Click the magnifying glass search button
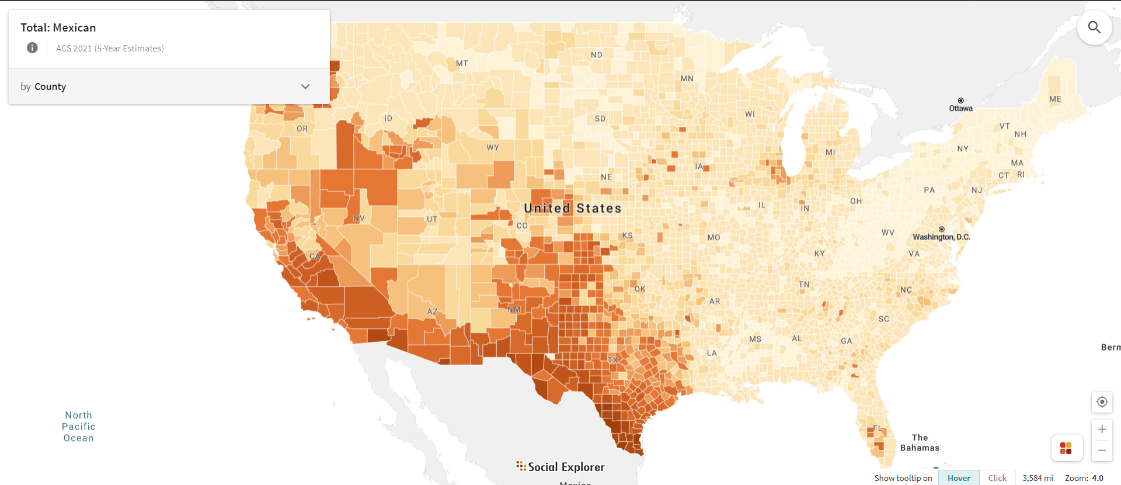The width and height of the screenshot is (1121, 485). point(1094,27)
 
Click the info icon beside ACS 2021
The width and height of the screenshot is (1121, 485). point(32,48)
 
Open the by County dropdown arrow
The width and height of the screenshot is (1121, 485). point(305,86)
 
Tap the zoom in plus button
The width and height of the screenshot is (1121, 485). point(1102,429)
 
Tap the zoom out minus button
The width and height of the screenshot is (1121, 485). point(1102,451)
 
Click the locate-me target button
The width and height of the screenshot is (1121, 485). point(1102,402)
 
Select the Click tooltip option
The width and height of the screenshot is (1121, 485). point(997,478)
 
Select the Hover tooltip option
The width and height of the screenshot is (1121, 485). point(959,478)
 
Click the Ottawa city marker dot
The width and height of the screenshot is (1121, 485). point(960,101)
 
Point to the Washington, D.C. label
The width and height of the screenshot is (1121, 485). point(941,237)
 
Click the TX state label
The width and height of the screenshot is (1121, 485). point(612,360)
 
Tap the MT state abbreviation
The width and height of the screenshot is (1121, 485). point(462,63)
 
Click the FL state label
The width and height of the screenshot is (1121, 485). point(878,428)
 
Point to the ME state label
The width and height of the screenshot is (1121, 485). point(1054,99)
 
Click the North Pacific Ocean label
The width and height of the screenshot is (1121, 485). point(78,427)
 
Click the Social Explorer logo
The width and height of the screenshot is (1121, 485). point(560,466)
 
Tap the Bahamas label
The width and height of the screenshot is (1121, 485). point(920,443)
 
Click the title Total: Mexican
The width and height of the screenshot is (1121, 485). point(58,27)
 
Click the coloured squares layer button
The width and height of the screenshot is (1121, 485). point(1066,448)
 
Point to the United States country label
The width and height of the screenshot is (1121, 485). point(572,208)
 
